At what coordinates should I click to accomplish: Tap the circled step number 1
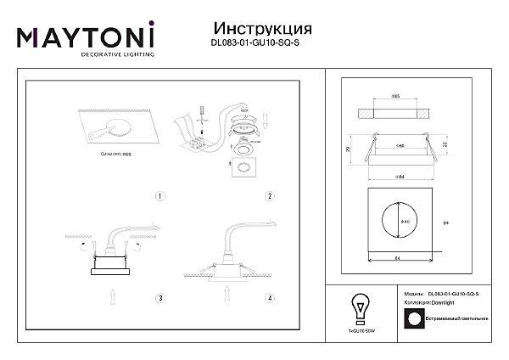(x=159, y=196)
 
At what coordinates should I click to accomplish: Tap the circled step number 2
(x=268, y=196)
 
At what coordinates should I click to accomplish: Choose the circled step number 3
(x=159, y=298)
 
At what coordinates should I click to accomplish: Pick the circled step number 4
(x=268, y=298)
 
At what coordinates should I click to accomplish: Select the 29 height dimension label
(x=350, y=149)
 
